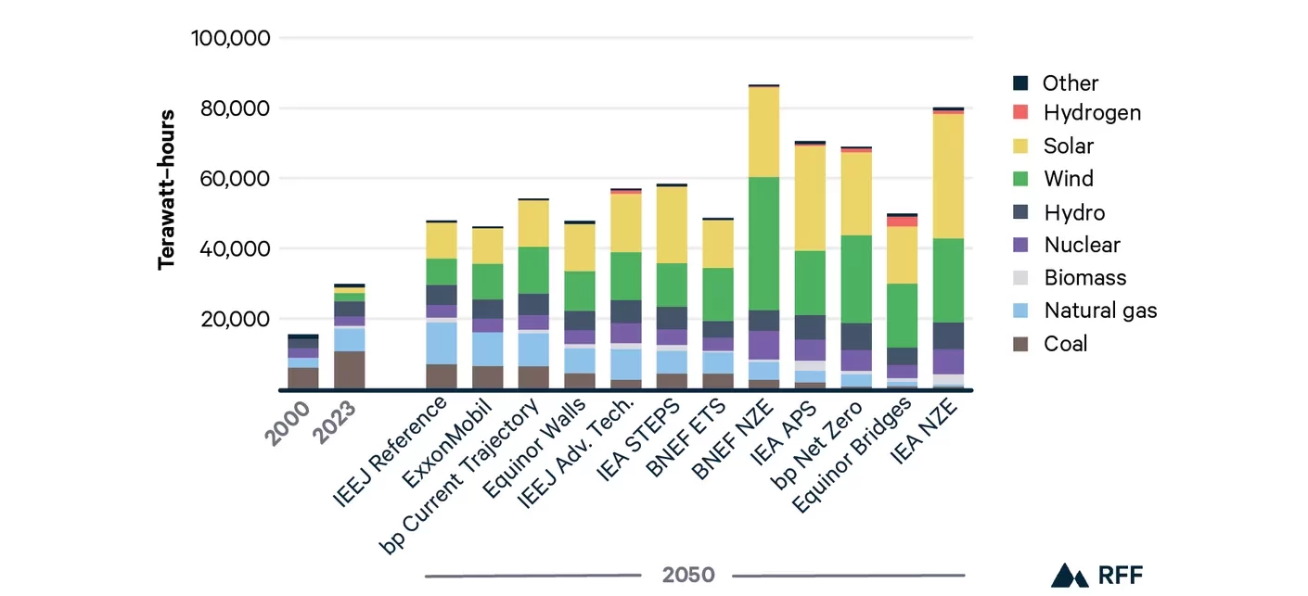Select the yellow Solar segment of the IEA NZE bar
point(948,176)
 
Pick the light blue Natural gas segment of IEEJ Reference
point(441,343)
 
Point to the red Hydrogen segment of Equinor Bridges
point(902,221)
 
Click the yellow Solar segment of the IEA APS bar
point(810,198)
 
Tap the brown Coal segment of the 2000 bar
point(302,378)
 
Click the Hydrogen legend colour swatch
point(1020,113)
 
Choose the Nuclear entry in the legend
point(1081,245)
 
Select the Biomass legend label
point(1084,278)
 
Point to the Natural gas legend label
point(1100,311)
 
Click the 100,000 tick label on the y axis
point(230,38)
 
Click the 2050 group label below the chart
point(688,575)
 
